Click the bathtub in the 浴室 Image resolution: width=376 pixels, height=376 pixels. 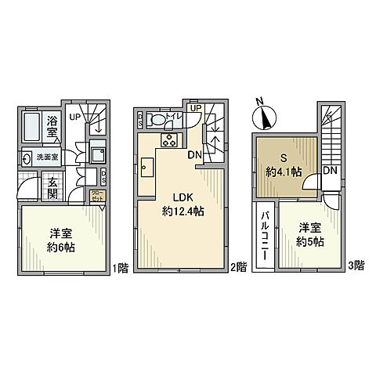(x=32, y=125)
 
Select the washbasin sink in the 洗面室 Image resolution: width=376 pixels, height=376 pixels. (x=27, y=155)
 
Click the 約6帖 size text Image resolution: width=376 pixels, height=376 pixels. (x=60, y=246)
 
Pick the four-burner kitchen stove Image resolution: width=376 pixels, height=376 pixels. (x=169, y=140)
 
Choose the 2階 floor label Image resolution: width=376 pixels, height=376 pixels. (x=240, y=266)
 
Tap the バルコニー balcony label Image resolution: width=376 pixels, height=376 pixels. (x=265, y=235)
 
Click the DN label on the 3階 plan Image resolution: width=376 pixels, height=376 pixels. (x=331, y=171)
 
